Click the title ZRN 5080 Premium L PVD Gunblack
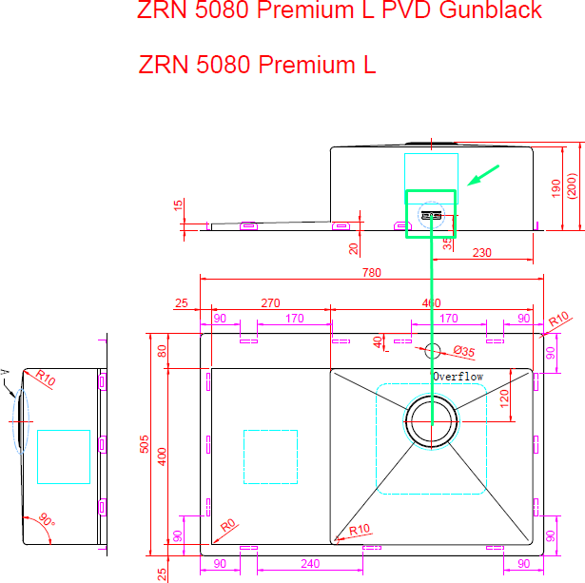click(x=340, y=11)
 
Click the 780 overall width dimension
click(x=371, y=273)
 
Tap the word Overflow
click(x=458, y=377)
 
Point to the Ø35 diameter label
click(x=463, y=352)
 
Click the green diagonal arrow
click(x=484, y=176)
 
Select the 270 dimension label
click(x=270, y=303)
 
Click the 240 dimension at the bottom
click(x=309, y=564)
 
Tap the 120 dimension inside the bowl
click(x=504, y=398)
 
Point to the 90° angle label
click(x=46, y=522)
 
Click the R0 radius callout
click(x=227, y=525)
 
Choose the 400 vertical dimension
click(x=162, y=457)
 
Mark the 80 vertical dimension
click(x=162, y=350)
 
